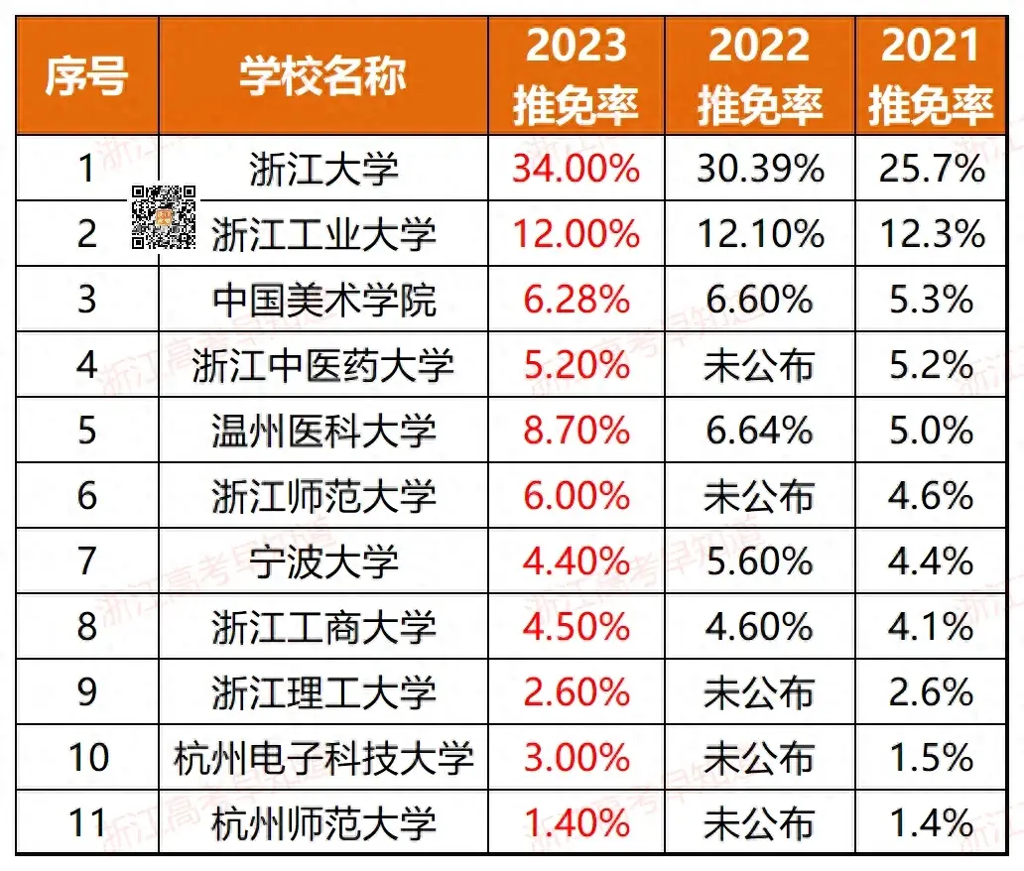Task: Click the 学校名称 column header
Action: [x=323, y=76]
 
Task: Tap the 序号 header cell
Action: [x=86, y=76]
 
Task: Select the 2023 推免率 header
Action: [x=576, y=76]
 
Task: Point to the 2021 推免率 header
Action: [x=932, y=76]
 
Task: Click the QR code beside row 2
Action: [x=164, y=215]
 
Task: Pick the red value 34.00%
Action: [x=576, y=169]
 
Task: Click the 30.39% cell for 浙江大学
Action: [x=760, y=169]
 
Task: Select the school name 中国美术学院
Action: [x=323, y=301]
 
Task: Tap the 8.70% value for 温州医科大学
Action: [x=576, y=432]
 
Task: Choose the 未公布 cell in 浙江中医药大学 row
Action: [x=760, y=366]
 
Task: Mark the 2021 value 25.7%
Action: [x=932, y=169]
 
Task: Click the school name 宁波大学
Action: [x=323, y=562]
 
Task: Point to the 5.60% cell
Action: [x=760, y=562]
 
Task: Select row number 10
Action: [x=87, y=759]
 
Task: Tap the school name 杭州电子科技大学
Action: [x=323, y=759]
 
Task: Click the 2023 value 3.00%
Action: [x=576, y=759]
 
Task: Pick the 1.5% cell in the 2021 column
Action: [x=932, y=759]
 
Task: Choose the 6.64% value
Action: [x=760, y=432]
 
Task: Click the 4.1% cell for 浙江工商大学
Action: [x=932, y=628]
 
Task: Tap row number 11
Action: [x=87, y=823]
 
